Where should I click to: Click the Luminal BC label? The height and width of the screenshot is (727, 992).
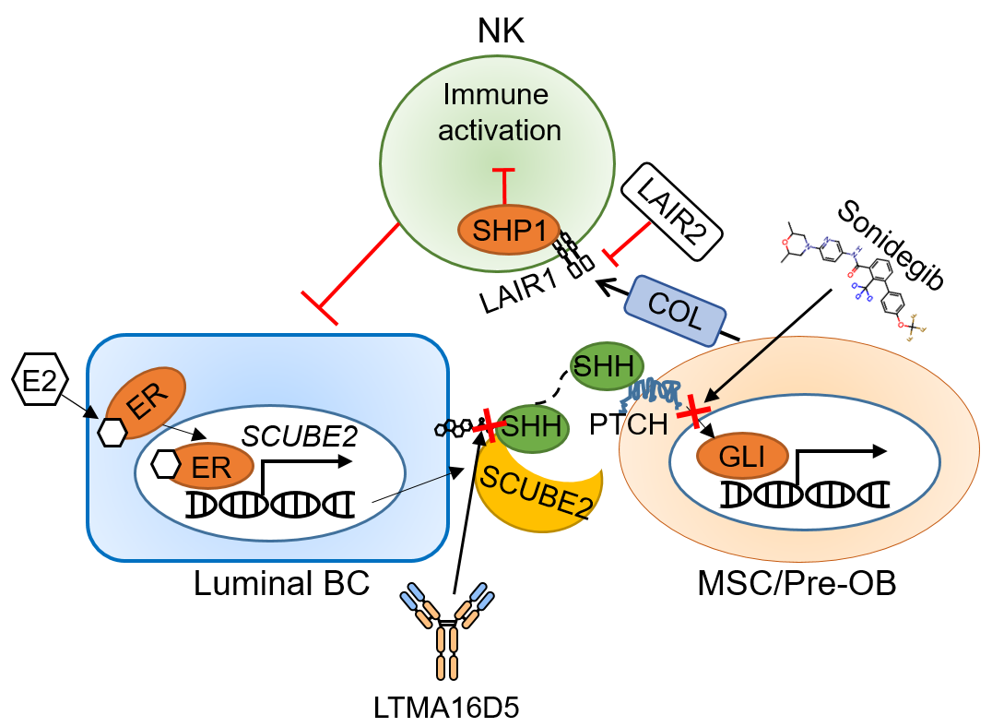[x=281, y=583]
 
